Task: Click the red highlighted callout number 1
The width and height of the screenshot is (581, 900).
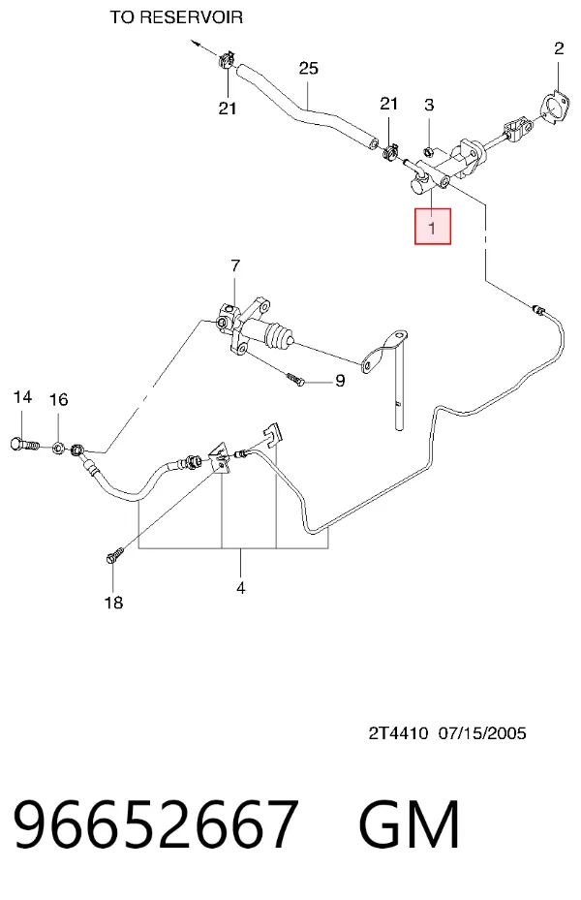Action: (433, 227)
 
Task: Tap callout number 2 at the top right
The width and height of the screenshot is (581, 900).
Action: (559, 48)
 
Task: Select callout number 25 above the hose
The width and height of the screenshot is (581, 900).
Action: (309, 69)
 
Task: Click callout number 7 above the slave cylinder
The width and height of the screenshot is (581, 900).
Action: (235, 266)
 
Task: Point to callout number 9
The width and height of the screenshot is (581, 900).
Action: (340, 381)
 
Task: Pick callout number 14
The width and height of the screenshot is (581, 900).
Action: (22, 396)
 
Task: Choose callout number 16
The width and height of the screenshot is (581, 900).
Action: (58, 399)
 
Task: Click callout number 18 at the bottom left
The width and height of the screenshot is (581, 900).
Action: (113, 603)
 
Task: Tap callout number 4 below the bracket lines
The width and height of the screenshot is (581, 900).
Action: (241, 588)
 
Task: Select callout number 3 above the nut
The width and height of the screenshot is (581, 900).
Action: (429, 105)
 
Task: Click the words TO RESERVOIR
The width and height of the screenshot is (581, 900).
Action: (176, 17)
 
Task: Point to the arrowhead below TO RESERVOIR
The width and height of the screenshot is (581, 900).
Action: (196, 43)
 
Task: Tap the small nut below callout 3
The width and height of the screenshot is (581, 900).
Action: (427, 151)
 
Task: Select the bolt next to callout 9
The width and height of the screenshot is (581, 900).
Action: (295, 380)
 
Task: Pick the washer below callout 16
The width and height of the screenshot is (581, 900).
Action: (58, 448)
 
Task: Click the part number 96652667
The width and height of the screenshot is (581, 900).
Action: (156, 823)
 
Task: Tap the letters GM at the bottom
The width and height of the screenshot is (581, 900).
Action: (409, 823)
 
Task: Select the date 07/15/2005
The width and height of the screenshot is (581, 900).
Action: (482, 733)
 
